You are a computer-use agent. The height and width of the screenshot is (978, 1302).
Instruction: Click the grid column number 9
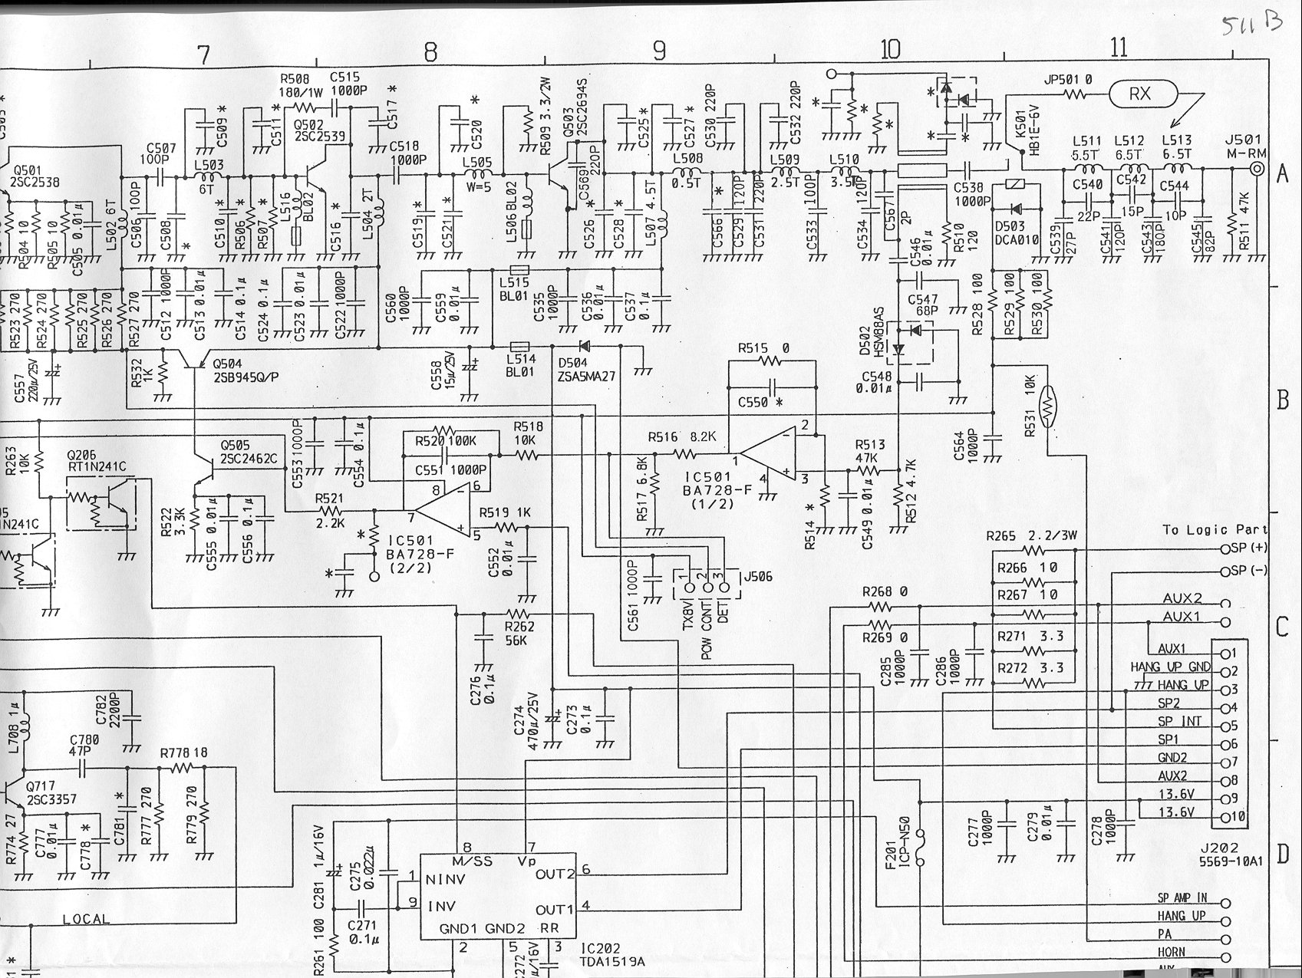660,51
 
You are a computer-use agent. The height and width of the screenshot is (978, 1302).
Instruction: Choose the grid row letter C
1281,627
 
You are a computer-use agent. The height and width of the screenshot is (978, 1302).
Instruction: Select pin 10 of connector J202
1231,817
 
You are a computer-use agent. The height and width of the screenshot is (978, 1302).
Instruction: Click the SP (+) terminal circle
1225,549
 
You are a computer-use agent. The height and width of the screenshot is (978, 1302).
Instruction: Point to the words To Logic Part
1215,529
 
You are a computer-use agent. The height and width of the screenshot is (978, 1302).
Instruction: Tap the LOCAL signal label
86,918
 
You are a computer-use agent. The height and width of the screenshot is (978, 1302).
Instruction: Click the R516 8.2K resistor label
682,437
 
